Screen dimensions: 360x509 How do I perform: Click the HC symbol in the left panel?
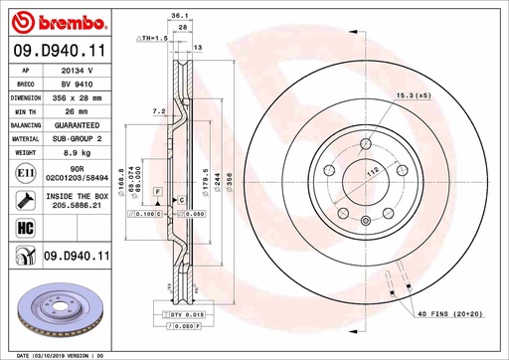[21, 229]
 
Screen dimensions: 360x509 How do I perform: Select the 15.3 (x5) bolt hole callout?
[413, 94]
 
